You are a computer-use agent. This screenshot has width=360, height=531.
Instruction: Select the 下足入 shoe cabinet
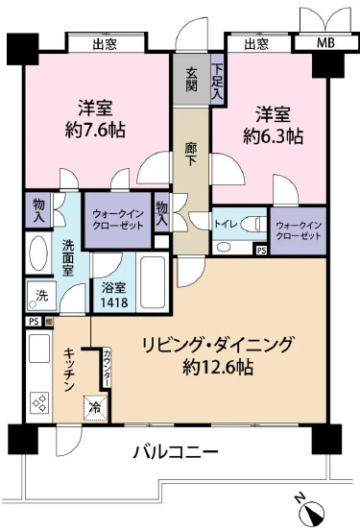218,83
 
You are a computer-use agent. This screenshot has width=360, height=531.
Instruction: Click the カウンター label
108,365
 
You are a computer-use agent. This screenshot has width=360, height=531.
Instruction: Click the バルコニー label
175,451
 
